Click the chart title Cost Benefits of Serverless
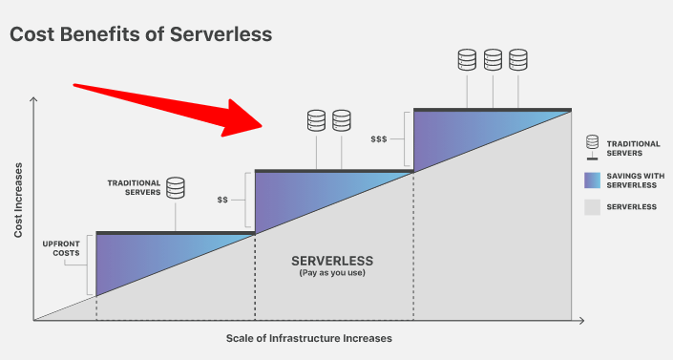click(x=140, y=34)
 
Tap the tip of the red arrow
click(x=263, y=127)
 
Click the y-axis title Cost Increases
click(x=17, y=201)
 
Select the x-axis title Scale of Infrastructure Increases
click(x=309, y=339)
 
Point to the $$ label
click(x=222, y=200)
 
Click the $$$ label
click(x=379, y=139)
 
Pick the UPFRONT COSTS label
click(x=61, y=248)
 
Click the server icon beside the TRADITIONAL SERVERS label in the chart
click(x=176, y=188)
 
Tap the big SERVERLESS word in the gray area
click(x=332, y=261)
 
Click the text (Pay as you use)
click(x=332, y=273)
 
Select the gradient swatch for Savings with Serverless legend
click(x=592, y=180)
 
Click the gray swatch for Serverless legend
click(x=592, y=207)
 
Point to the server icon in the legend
click(x=592, y=148)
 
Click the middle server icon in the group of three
click(x=493, y=60)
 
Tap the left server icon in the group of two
click(x=316, y=120)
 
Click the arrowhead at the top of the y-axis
click(x=33, y=100)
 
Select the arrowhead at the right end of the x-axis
click(x=581, y=321)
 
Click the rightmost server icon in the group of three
click(x=518, y=60)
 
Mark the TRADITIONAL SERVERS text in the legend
click(x=633, y=148)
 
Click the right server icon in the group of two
click(x=342, y=120)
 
